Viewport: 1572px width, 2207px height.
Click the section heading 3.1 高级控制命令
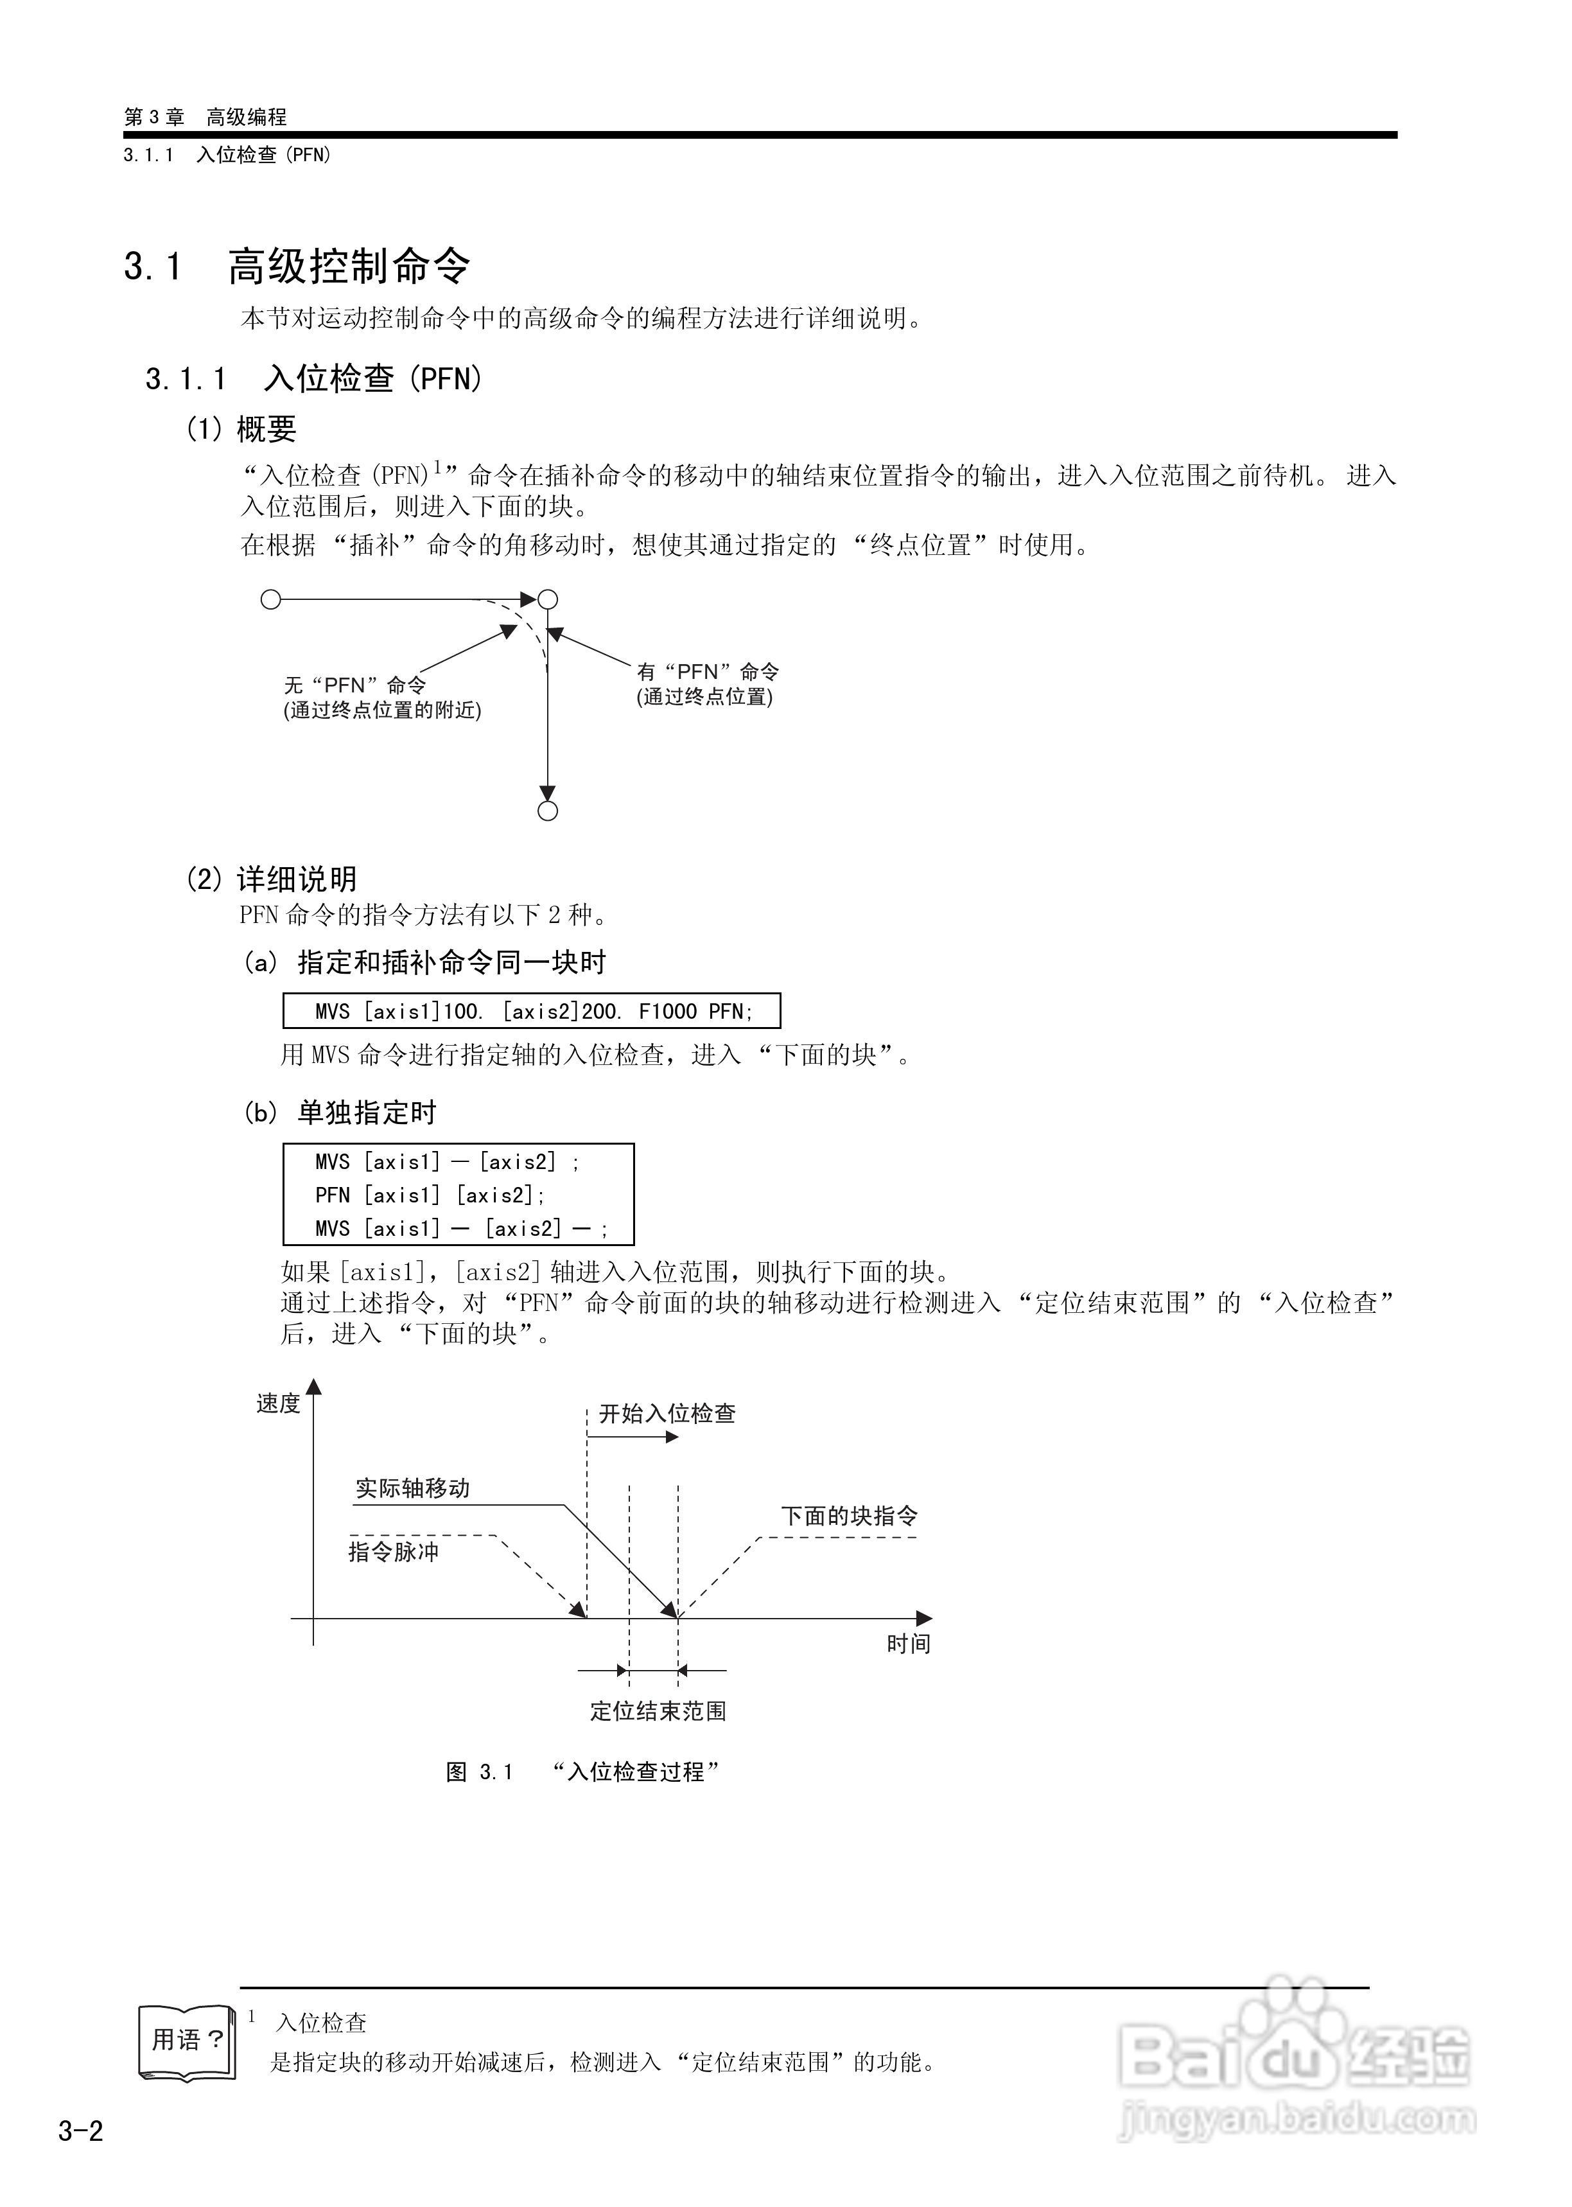297,266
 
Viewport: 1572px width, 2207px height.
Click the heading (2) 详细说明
271,879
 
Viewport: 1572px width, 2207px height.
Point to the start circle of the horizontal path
271,600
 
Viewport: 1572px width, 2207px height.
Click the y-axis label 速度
278,1403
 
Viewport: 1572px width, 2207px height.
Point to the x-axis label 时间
908,1644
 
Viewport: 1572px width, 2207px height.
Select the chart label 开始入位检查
667,1414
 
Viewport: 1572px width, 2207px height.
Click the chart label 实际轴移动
412,1488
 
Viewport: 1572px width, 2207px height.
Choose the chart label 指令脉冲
393,1552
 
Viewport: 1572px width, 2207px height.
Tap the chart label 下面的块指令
849,1516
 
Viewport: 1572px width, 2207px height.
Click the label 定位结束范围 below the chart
658,1711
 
